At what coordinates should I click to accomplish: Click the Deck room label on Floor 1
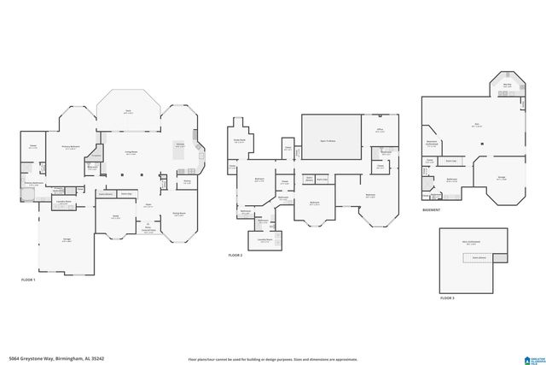(x=128, y=111)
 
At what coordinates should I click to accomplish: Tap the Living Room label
(x=132, y=153)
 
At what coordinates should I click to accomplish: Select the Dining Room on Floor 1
(x=180, y=215)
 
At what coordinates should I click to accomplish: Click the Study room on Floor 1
(x=116, y=218)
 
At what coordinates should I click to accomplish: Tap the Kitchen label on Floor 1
(x=181, y=145)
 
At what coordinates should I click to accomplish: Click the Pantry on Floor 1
(x=186, y=181)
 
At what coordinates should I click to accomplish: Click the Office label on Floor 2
(x=380, y=131)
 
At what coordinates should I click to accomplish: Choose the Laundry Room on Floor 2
(x=266, y=240)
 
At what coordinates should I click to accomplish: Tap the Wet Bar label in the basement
(x=507, y=85)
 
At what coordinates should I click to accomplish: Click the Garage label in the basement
(x=502, y=179)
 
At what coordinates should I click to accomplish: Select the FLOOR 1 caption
(x=29, y=280)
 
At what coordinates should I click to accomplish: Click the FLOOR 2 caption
(x=235, y=255)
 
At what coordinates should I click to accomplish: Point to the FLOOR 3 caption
(x=448, y=298)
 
